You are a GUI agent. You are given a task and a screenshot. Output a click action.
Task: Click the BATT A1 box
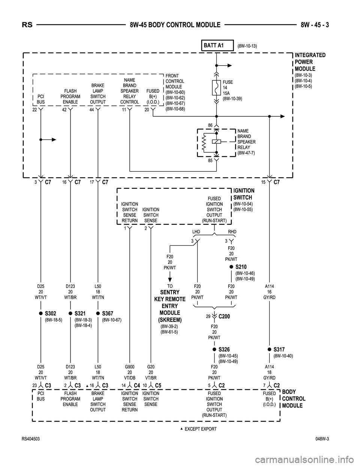[217, 46]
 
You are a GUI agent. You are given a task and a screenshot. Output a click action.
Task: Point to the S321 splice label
[80, 313]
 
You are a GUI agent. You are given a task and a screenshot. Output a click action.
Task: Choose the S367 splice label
[107, 313]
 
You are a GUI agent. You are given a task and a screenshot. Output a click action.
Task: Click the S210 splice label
[241, 267]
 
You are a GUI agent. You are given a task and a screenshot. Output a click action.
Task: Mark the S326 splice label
[224, 349]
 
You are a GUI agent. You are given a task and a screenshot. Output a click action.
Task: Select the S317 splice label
[279, 349]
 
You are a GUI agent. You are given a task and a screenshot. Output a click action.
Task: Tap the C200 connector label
[224, 317]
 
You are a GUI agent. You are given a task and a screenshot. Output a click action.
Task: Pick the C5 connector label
[158, 385]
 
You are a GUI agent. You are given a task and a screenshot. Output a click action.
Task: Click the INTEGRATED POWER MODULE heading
[310, 62]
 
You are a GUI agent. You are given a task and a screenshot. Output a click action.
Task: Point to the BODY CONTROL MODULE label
[293, 398]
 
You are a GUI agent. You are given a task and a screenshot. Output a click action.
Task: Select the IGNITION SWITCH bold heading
[243, 194]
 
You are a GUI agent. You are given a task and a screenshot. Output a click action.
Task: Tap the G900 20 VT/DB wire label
[130, 372]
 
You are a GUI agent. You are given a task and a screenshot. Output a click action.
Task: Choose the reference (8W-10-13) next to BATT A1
[247, 46]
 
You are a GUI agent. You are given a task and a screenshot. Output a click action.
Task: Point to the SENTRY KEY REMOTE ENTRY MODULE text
[169, 306]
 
